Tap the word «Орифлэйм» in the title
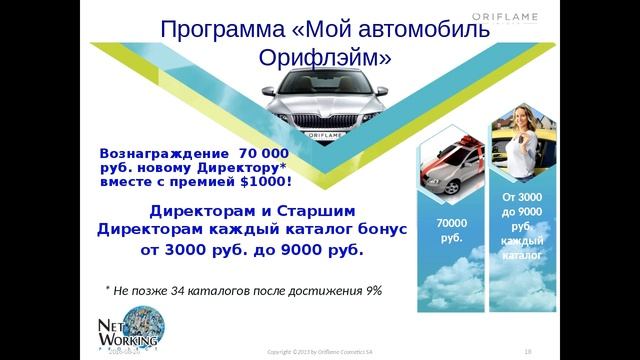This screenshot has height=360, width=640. click(x=331, y=59)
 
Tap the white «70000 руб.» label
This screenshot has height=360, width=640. click(x=451, y=230)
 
